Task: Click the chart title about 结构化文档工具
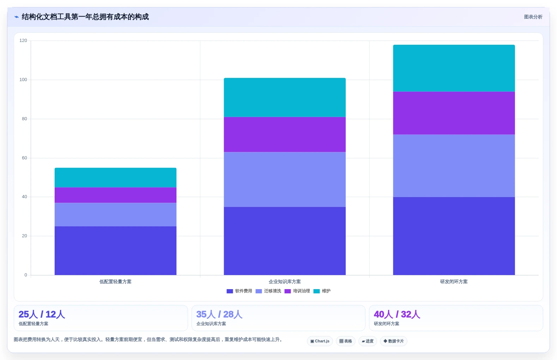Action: [x=85, y=17]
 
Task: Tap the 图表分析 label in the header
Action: [x=533, y=17]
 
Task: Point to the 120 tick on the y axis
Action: [x=23, y=41]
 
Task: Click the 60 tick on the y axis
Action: [x=24, y=158]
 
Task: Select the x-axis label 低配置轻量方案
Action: [x=115, y=282]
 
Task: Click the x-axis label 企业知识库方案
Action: [x=285, y=282]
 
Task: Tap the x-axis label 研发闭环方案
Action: [x=454, y=282]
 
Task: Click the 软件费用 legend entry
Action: [x=239, y=291]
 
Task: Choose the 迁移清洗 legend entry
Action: [x=268, y=291]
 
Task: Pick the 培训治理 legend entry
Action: [x=297, y=291]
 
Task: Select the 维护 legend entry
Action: [x=322, y=291]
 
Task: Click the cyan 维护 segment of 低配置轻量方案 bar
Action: [x=115, y=177]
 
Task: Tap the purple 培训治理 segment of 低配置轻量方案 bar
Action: [x=115, y=195]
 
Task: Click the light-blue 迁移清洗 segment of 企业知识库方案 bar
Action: [x=285, y=179]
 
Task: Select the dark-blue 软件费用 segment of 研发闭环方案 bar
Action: [x=454, y=236]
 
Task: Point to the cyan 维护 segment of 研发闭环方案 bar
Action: [x=454, y=68]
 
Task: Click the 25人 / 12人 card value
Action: [x=42, y=314]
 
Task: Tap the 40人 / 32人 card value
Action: [x=397, y=314]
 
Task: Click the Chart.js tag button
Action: [x=320, y=341]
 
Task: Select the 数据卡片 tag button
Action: [x=393, y=341]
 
